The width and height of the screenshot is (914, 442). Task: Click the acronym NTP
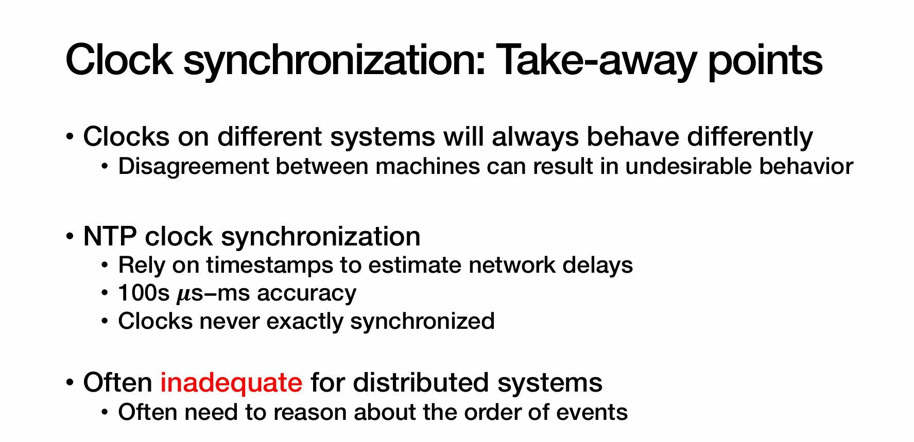point(110,237)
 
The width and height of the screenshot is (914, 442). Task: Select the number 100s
point(144,293)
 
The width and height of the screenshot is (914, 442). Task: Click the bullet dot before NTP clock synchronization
point(70,237)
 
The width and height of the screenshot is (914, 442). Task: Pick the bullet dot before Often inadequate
point(70,383)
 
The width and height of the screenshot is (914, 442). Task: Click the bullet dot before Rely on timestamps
point(105,266)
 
